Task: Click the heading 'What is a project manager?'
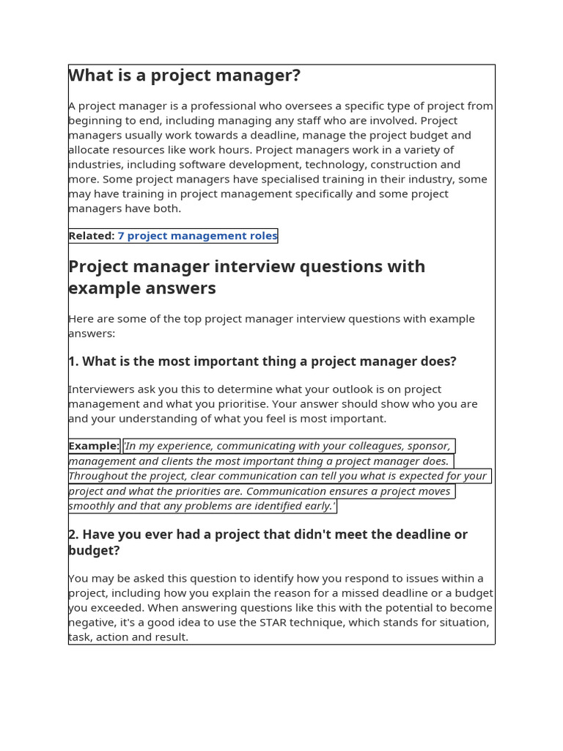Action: (x=184, y=76)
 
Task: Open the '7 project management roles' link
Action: (x=197, y=235)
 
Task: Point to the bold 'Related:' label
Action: (x=92, y=235)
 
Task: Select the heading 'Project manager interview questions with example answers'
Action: (x=246, y=277)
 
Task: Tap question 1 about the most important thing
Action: (x=262, y=362)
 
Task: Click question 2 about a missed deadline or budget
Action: (x=268, y=542)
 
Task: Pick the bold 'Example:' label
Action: (x=94, y=446)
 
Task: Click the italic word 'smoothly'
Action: (x=92, y=506)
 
